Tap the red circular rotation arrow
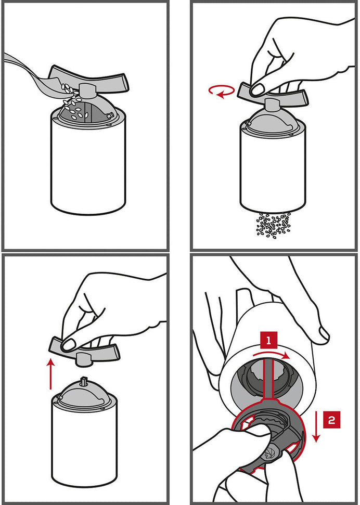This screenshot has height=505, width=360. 222,91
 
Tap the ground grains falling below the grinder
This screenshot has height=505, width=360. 273,225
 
